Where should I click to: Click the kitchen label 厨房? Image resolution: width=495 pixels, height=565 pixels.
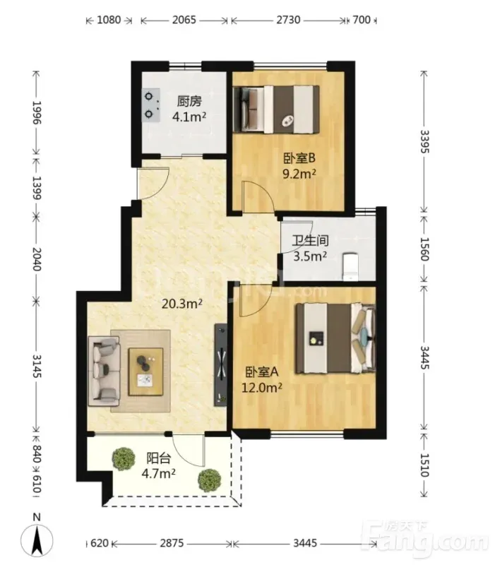coord(189,101)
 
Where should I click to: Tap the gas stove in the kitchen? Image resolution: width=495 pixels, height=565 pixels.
coord(151,105)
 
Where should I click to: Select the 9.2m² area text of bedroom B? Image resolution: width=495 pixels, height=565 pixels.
coord(299,174)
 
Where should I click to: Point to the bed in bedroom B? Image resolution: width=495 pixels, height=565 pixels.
coord(276,109)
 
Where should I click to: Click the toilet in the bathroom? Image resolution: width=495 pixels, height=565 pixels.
coord(350,266)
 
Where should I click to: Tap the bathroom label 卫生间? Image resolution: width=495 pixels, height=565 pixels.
coord(310,240)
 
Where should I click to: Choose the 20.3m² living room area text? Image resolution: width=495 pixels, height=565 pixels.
coord(182,304)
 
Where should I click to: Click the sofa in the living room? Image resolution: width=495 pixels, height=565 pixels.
coord(104,368)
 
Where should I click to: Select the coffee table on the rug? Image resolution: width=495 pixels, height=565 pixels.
coord(145,372)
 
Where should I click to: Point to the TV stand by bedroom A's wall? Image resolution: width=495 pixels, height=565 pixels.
coord(220,365)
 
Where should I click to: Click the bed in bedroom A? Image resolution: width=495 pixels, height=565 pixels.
coord(335,338)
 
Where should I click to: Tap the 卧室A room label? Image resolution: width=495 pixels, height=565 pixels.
coord(262,372)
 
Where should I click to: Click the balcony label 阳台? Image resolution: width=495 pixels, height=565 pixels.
coord(158,458)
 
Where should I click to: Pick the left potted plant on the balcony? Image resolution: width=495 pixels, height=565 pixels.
coord(124,458)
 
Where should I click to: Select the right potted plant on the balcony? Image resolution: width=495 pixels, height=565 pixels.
coord(209,480)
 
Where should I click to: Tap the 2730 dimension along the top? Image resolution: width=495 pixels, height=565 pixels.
coord(288,20)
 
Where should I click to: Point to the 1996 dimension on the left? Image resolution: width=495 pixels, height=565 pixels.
coord(37,112)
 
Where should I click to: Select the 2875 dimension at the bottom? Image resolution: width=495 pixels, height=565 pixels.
coord(172,542)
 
